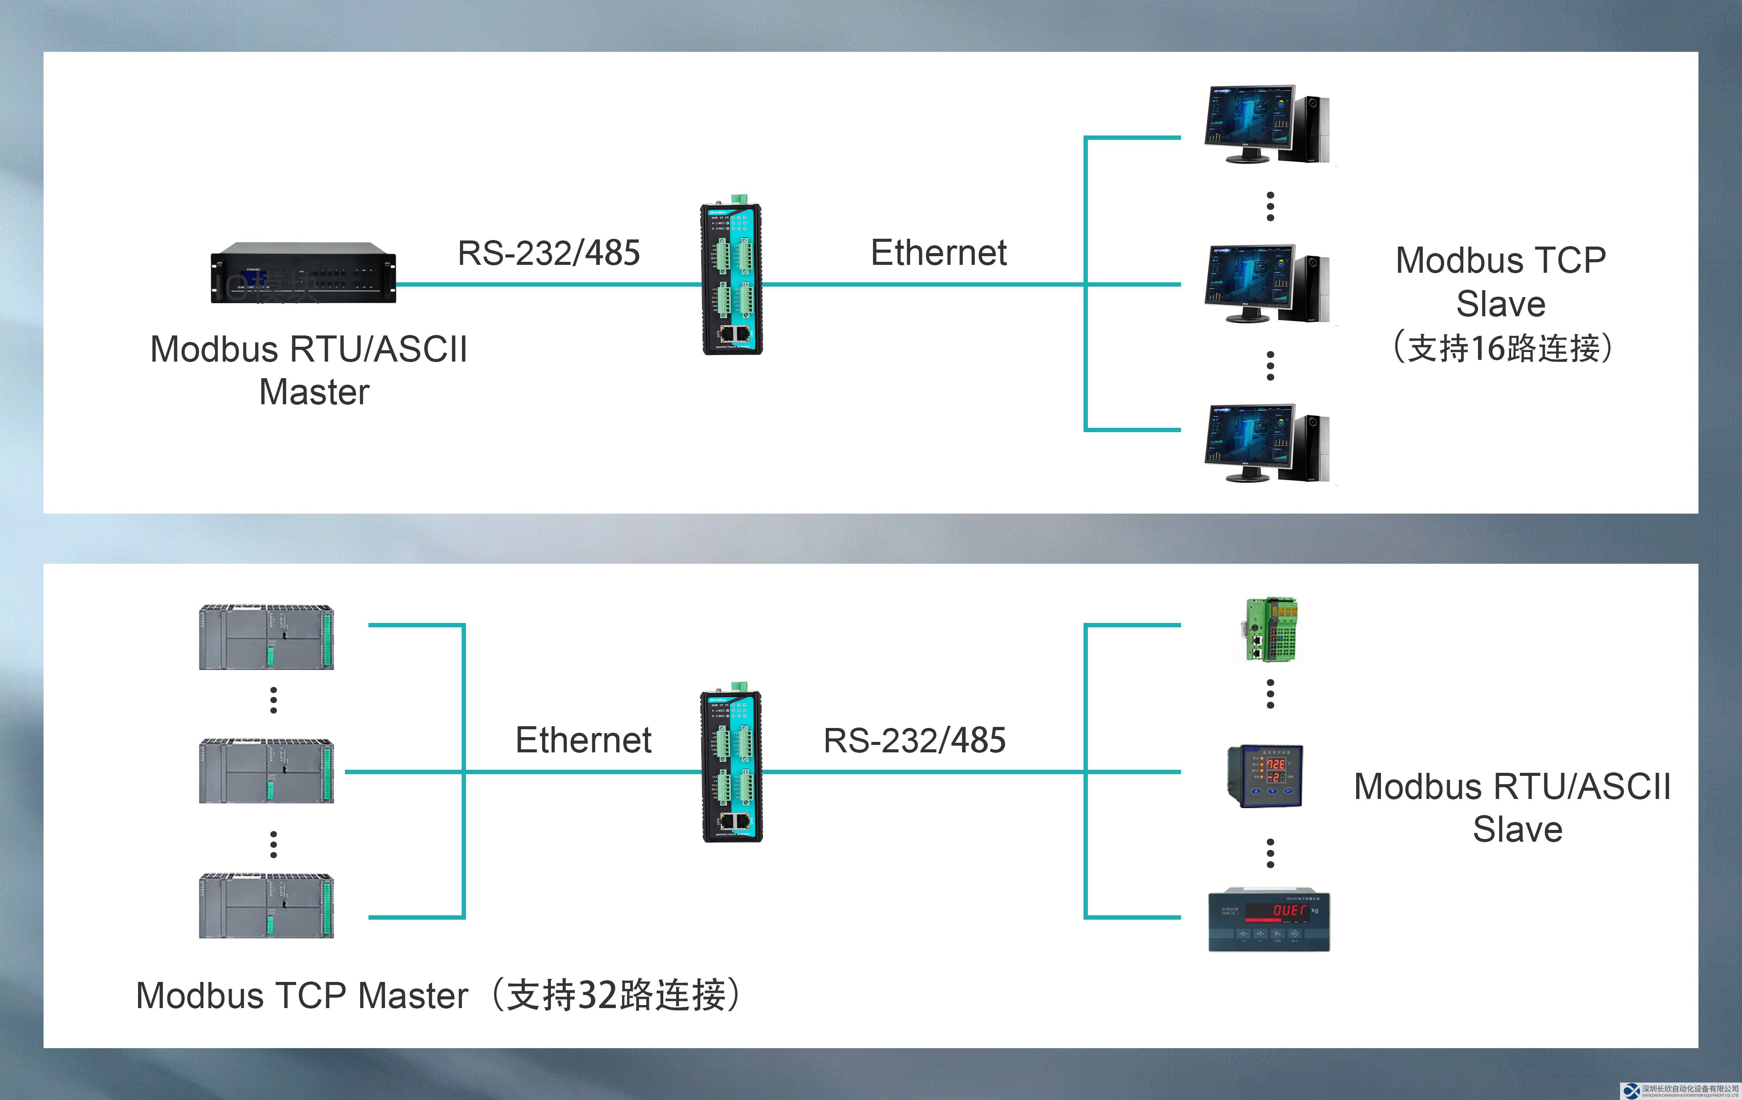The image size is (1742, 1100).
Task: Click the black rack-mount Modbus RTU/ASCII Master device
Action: [303, 273]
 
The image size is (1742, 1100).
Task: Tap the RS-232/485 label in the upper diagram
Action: [548, 253]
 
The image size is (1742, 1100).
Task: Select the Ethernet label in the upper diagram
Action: [938, 253]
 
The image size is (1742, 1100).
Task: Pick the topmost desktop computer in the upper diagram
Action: [1266, 125]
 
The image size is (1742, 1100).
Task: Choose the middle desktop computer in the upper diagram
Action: [1266, 284]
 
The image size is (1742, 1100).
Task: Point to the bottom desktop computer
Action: [1266, 443]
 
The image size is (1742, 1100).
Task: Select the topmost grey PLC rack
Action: [266, 637]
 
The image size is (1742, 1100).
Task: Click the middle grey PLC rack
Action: [266, 771]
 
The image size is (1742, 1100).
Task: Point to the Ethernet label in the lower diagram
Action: [583, 740]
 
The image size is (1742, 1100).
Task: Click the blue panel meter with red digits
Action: [1265, 776]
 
